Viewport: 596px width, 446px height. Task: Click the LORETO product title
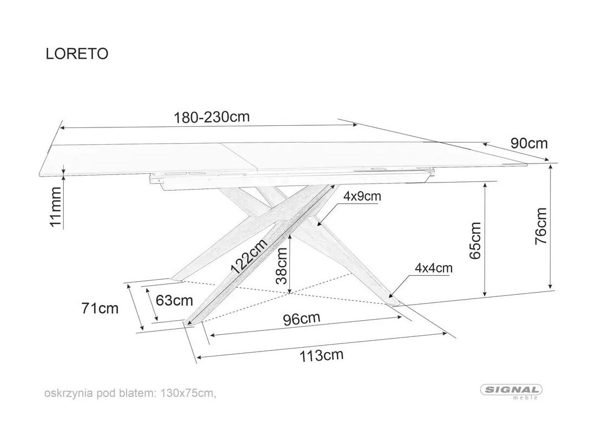click(x=77, y=54)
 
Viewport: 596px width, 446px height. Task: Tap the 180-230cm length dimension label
click(x=211, y=117)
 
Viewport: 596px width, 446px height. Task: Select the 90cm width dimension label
click(x=529, y=143)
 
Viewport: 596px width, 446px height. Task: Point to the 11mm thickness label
click(x=56, y=207)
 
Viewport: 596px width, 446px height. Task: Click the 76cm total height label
click(x=540, y=226)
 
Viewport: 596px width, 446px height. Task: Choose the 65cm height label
click(x=475, y=241)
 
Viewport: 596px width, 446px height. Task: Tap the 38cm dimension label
click(x=281, y=266)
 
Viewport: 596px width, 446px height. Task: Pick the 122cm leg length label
click(x=249, y=256)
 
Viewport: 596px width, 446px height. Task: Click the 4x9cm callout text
click(x=362, y=196)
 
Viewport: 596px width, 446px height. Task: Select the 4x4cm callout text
click(x=434, y=268)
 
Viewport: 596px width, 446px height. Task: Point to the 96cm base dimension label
click(x=302, y=319)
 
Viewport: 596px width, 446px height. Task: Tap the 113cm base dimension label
click(x=322, y=355)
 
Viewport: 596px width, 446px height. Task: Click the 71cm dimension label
click(x=100, y=308)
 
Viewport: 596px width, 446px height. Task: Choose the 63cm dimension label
click(x=175, y=301)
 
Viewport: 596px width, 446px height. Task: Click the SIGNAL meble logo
click(x=511, y=391)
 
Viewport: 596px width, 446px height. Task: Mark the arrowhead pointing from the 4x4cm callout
click(x=391, y=294)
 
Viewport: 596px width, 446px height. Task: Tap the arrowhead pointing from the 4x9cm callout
click(x=320, y=223)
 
